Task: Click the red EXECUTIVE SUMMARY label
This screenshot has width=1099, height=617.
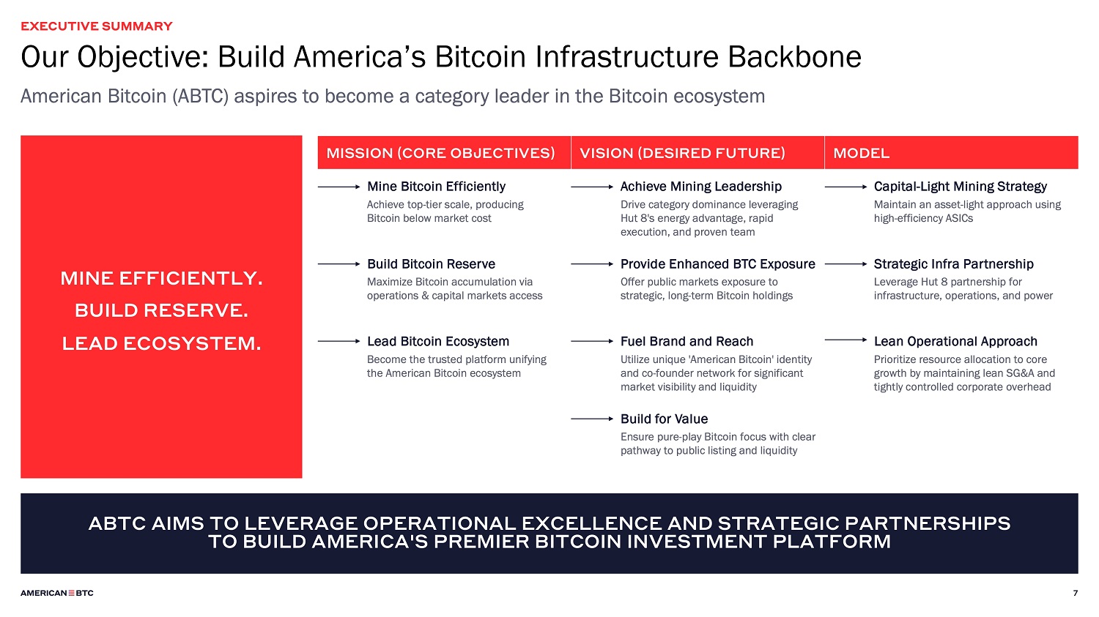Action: pyautogui.click(x=97, y=26)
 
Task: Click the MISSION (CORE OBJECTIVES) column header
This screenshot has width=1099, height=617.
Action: pyautogui.click(x=440, y=153)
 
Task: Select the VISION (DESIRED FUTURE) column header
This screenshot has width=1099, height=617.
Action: pyautogui.click(x=682, y=153)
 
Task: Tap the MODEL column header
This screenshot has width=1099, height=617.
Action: pyautogui.click(x=861, y=153)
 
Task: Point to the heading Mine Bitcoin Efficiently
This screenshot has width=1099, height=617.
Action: pyautogui.click(x=436, y=186)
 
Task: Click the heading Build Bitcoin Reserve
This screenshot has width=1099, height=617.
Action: pyautogui.click(x=432, y=263)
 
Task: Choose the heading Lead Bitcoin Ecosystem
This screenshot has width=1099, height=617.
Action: pyautogui.click(x=438, y=341)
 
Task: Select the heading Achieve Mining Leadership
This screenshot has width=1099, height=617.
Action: pyautogui.click(x=701, y=186)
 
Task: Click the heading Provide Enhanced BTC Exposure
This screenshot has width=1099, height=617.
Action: pyautogui.click(x=718, y=263)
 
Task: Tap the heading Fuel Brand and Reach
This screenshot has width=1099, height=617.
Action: pyautogui.click(x=687, y=341)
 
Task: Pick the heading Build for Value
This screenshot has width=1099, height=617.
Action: pyautogui.click(x=665, y=419)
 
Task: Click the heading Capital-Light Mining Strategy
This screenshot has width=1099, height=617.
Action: pyautogui.click(x=960, y=186)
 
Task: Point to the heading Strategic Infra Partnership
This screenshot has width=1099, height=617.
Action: pyautogui.click(x=954, y=263)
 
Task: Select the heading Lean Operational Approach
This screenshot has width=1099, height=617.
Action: pyautogui.click(x=955, y=341)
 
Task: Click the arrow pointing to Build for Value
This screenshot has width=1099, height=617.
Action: pyautogui.click(x=592, y=419)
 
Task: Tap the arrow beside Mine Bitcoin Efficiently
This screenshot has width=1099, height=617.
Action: pyautogui.click(x=339, y=187)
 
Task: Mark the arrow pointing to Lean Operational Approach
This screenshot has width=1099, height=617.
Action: pyautogui.click(x=845, y=340)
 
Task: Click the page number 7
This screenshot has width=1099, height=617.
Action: pyautogui.click(x=1076, y=593)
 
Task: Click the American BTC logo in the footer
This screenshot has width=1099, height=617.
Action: pyautogui.click(x=57, y=593)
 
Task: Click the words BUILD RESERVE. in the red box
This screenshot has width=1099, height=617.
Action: pyautogui.click(x=161, y=310)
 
